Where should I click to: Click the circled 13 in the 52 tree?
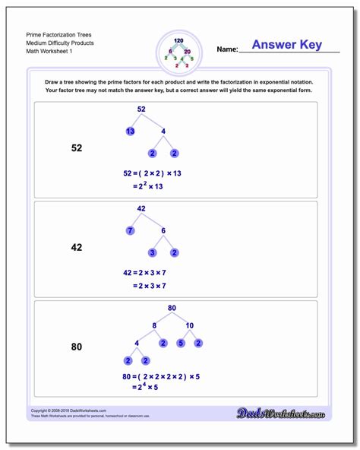pos(131,132)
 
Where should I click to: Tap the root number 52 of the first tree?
pos(141,109)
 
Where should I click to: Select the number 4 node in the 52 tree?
pos(163,132)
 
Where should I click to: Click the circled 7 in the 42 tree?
pos(131,230)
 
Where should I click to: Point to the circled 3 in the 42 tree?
pos(153,252)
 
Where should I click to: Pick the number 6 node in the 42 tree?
pos(163,230)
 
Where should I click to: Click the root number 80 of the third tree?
pos(173,308)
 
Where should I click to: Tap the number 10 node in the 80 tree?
pos(189,325)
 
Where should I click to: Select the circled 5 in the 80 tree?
pos(180,343)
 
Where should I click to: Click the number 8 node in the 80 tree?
pos(154,325)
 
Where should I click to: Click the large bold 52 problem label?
pos(77,148)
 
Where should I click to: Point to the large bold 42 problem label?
pos(77,247)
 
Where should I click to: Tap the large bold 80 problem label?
pos(77,347)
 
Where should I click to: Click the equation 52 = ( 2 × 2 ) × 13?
pos(152,173)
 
